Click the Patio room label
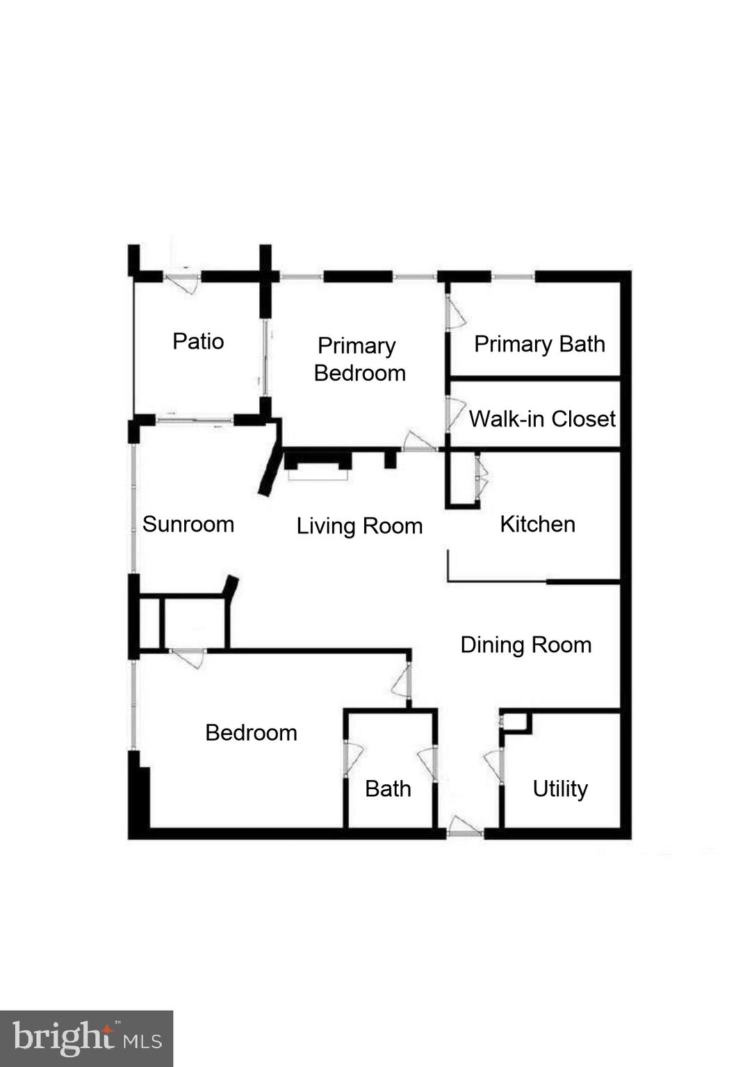(198, 341)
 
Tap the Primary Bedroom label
(359, 359)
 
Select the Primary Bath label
(539, 344)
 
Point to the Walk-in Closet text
(542, 419)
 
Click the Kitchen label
(537, 524)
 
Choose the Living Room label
(359, 526)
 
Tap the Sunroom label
(188, 524)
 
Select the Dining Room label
(525, 645)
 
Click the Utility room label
(560, 788)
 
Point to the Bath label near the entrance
(388, 788)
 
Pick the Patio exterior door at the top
(183, 281)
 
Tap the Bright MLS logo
(86, 1039)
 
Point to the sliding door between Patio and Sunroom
(195, 420)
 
